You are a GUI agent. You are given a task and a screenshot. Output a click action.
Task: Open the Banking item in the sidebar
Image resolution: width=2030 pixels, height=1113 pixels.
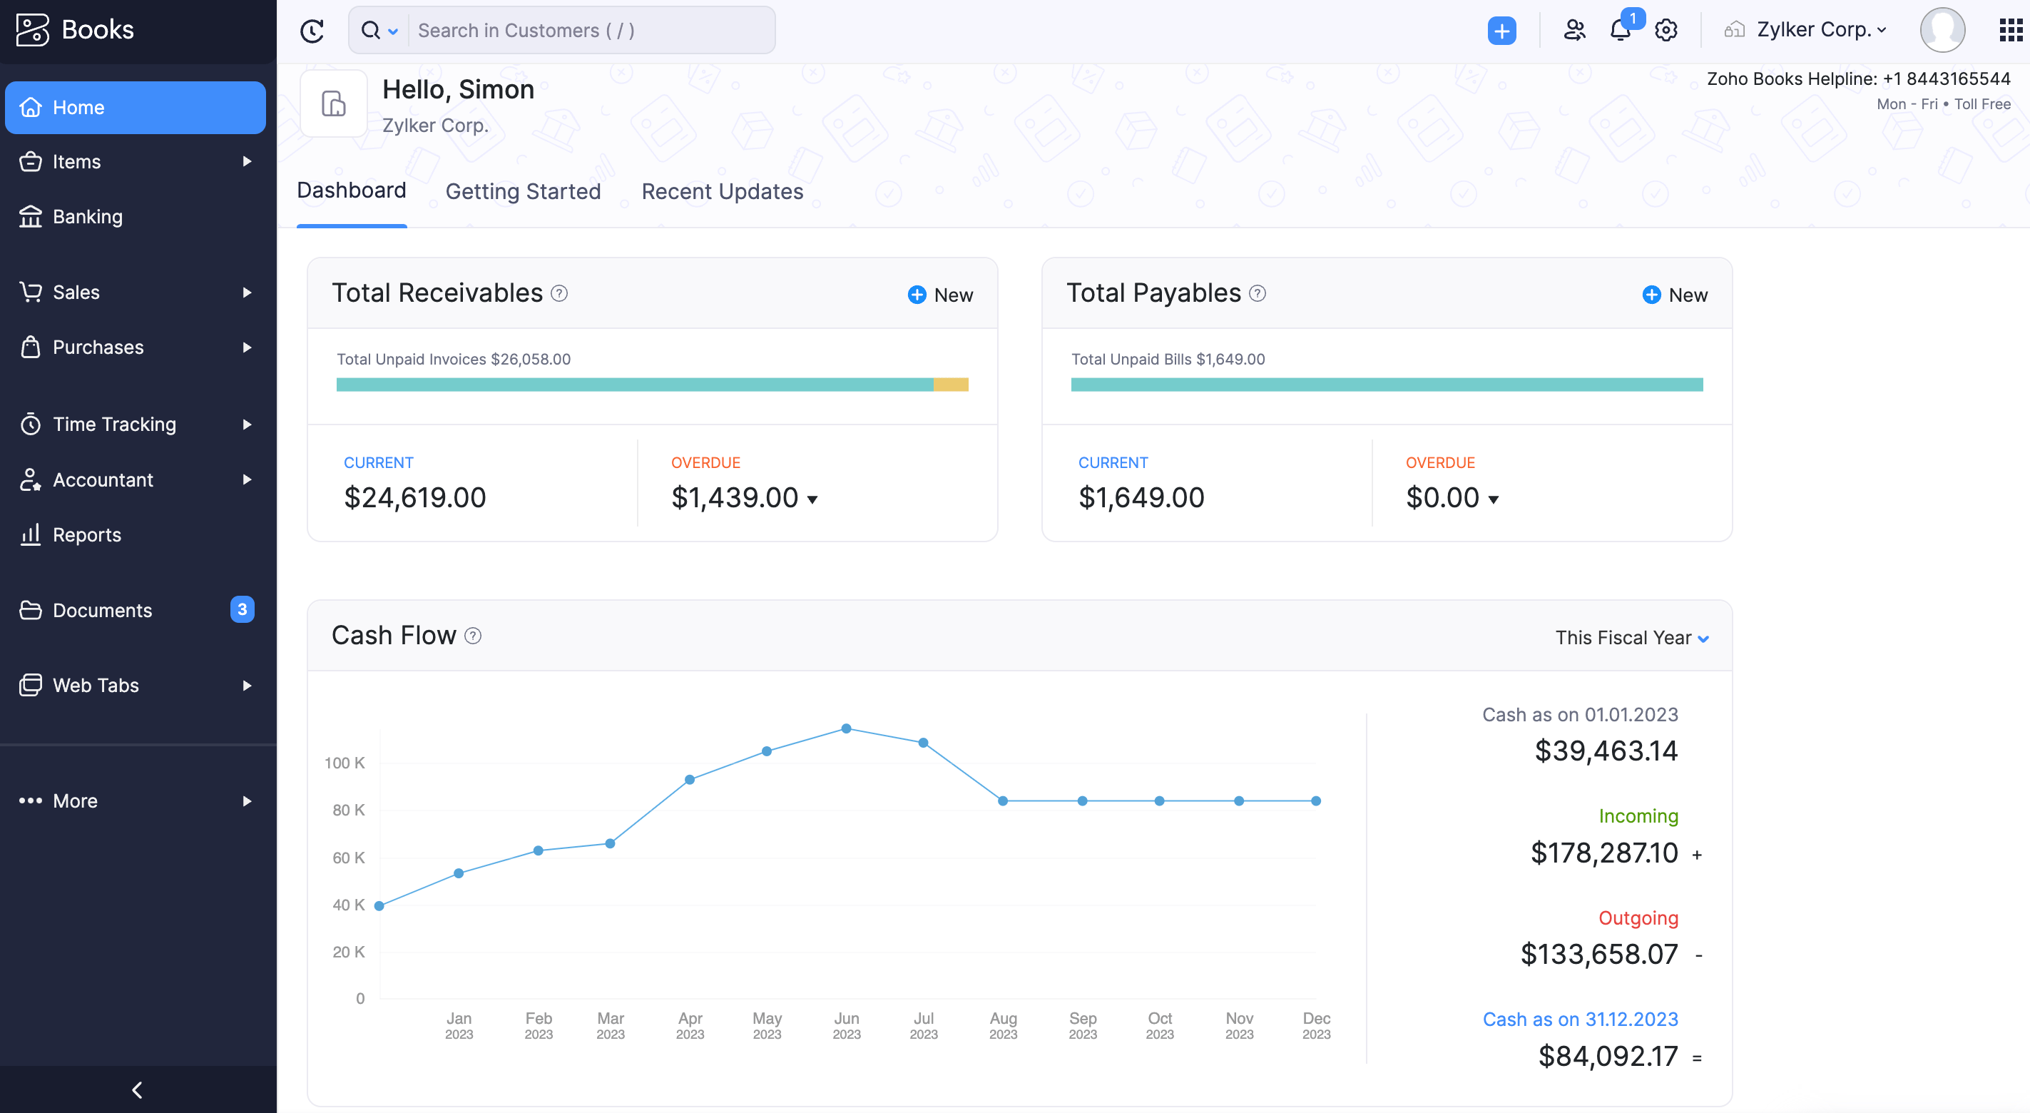tap(87, 217)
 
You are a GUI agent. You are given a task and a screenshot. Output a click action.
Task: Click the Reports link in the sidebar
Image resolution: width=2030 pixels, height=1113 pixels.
tap(87, 535)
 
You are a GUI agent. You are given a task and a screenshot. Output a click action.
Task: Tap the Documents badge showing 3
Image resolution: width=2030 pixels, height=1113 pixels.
tap(242, 609)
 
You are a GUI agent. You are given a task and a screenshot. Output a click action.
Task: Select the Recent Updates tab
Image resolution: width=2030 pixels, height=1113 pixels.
tap(722, 191)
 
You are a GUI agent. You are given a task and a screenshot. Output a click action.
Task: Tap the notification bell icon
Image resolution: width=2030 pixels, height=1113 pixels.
tap(1620, 31)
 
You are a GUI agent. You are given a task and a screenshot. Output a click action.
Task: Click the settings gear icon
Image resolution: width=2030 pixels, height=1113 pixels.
tap(1666, 31)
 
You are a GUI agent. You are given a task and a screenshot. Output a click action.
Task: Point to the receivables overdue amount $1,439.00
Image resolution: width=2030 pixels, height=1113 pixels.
tap(735, 498)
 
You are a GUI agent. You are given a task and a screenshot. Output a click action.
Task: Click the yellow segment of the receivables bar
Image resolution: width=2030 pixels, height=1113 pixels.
tap(950, 385)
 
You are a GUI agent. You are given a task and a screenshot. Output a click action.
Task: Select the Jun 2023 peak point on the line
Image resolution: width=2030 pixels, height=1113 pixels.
tap(847, 728)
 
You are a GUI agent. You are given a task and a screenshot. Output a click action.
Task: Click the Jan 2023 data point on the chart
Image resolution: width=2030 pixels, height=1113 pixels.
tap(459, 873)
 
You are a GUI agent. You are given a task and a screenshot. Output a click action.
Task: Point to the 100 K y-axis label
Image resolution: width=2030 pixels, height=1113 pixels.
tap(345, 763)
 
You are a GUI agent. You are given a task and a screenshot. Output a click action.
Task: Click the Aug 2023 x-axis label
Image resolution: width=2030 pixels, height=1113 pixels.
tap(1003, 1025)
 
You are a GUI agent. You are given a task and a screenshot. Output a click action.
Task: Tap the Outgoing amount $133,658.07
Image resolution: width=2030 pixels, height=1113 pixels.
tap(1599, 955)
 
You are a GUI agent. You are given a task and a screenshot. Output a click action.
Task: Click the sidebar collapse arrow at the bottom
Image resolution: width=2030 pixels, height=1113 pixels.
tap(137, 1090)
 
